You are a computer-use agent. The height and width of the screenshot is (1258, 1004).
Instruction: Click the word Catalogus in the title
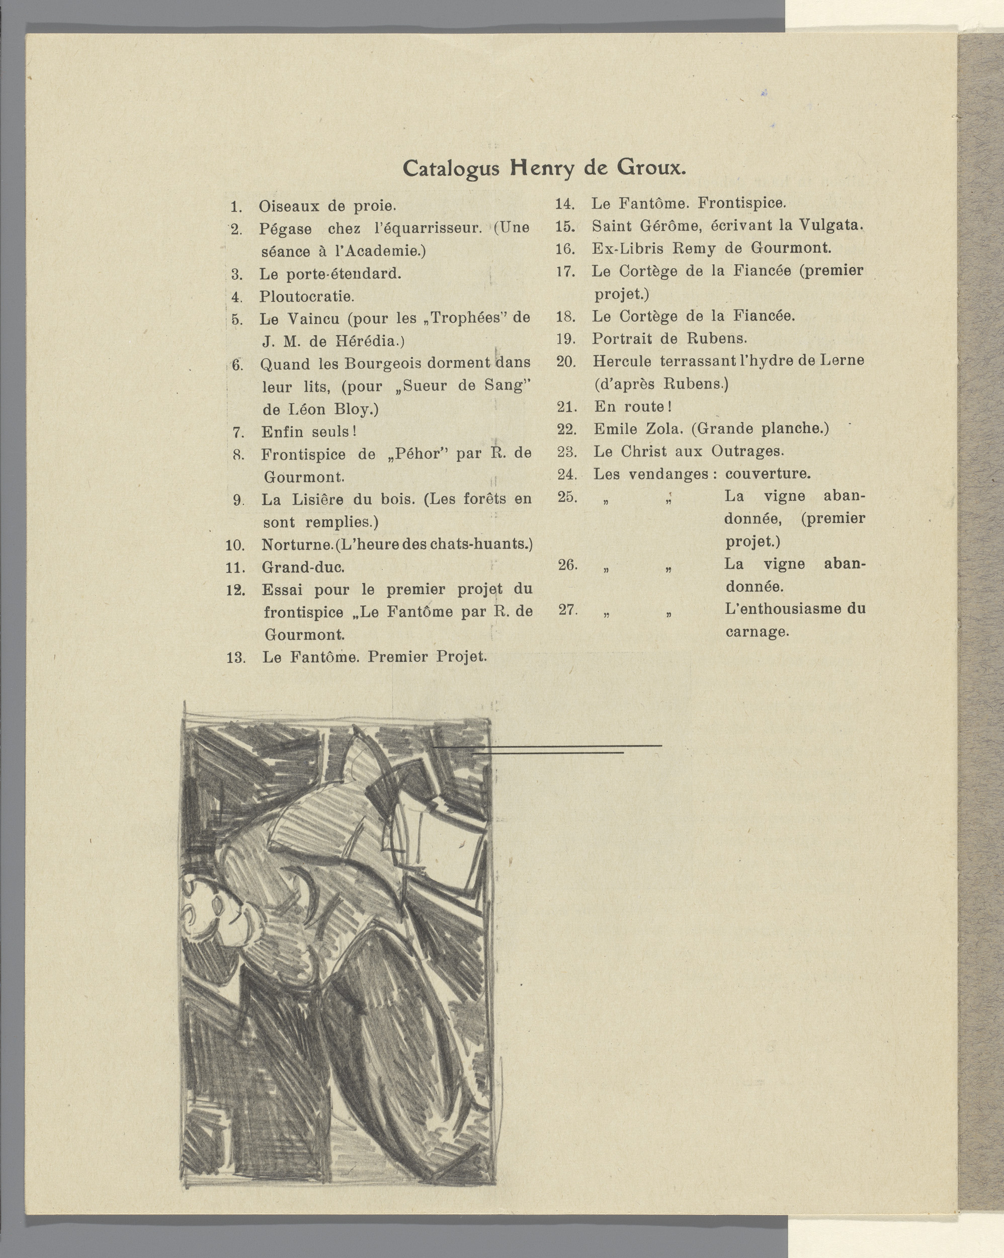click(x=451, y=169)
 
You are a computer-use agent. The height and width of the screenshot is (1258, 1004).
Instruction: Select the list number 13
click(x=236, y=658)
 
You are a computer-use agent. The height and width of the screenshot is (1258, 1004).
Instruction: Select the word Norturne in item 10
click(x=296, y=545)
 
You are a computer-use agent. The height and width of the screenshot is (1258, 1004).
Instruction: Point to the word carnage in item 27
click(x=757, y=632)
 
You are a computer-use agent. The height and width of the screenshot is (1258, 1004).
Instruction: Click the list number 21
click(x=566, y=407)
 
